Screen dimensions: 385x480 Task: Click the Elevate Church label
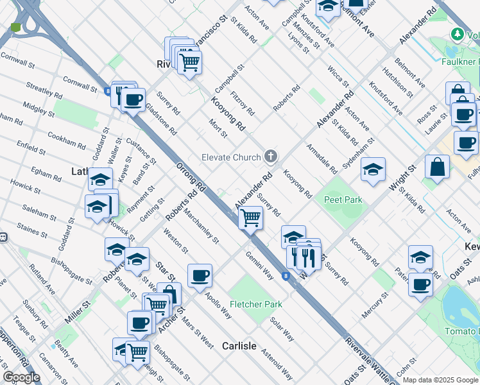[x=231, y=157]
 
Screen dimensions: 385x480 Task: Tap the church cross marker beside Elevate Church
[x=271, y=157]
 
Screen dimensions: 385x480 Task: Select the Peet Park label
[x=343, y=200]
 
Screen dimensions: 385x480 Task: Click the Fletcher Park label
[x=256, y=304]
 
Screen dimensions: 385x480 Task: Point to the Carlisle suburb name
[x=239, y=346]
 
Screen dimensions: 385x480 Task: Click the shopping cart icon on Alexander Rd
[x=250, y=218]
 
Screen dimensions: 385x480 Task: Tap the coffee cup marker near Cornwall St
[x=134, y=100]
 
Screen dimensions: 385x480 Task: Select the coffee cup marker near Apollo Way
[x=200, y=276]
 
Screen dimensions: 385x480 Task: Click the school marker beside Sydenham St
[x=373, y=169]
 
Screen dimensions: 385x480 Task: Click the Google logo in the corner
[x=21, y=377]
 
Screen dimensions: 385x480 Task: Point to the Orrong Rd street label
[x=191, y=178]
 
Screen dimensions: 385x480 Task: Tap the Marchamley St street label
[x=201, y=228]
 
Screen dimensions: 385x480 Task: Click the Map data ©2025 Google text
[x=440, y=380]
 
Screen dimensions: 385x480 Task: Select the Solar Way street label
[x=282, y=329]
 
